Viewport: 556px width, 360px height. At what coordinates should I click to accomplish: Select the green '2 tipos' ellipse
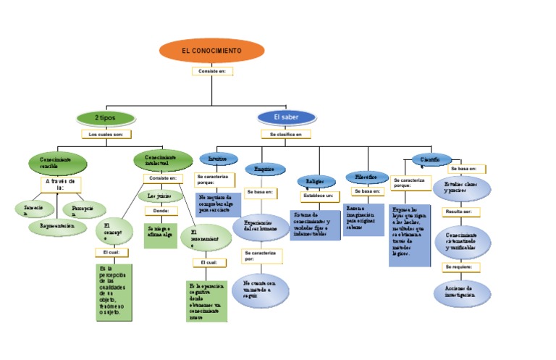point(105,117)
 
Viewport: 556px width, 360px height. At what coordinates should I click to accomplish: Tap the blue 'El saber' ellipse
point(286,117)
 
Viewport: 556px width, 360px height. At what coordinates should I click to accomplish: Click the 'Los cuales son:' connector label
point(106,135)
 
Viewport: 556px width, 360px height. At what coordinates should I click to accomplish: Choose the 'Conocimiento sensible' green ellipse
point(58,163)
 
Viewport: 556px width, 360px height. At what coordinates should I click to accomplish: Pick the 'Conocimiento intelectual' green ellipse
point(161,161)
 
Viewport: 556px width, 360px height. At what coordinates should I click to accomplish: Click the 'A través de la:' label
point(60,185)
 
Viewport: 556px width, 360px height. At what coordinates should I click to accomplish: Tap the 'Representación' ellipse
point(57,226)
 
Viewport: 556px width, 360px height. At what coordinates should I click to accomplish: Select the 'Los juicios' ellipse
point(160,196)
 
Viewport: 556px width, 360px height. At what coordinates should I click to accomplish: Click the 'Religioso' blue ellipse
point(316,181)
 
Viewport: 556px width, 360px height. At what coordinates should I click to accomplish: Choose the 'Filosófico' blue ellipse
point(362,177)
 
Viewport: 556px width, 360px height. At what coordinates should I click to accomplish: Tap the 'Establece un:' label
point(319,196)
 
